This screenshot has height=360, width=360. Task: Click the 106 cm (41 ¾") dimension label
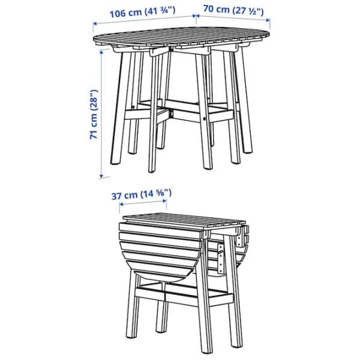click(142, 12)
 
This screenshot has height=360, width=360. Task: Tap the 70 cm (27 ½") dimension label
click(233, 10)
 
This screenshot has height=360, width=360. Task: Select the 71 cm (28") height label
click(94, 115)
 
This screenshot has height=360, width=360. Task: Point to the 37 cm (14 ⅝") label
click(142, 194)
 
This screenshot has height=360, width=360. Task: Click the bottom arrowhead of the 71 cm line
click(101, 176)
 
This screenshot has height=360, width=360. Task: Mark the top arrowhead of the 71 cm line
click(102, 52)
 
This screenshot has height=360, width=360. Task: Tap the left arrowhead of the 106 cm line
click(95, 23)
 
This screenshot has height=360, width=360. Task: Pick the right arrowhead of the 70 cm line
click(268, 20)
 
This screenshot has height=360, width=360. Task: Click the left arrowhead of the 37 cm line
click(122, 204)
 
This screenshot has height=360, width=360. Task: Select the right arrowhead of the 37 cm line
click(164, 201)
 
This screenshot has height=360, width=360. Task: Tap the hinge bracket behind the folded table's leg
click(221, 258)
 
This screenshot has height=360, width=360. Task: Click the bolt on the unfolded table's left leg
click(133, 107)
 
